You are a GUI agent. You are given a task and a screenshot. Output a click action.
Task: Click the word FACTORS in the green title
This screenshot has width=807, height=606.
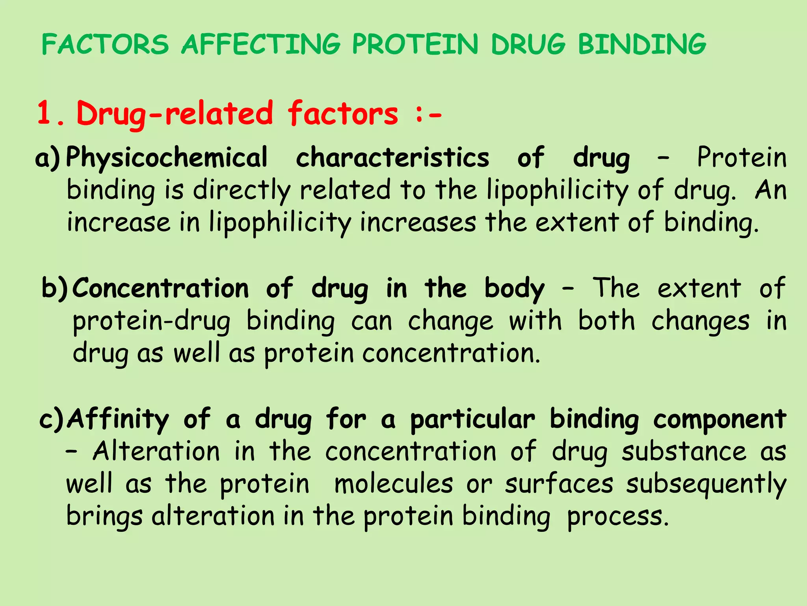105,44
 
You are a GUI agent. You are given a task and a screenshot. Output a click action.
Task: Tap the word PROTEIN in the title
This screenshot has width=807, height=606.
415,44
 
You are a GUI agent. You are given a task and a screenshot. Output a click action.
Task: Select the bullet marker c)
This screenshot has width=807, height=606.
52,419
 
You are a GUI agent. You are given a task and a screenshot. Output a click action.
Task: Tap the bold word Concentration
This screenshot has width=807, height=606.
161,289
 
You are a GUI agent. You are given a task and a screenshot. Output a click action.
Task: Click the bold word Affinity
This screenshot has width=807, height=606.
118,419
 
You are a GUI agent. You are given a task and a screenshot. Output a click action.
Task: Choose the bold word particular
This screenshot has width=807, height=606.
472,419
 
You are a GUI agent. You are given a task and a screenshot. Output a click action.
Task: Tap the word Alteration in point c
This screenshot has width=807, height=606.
156,451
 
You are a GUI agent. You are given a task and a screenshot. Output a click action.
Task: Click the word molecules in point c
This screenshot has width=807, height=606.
394,484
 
